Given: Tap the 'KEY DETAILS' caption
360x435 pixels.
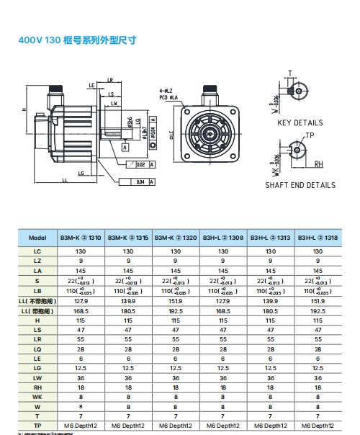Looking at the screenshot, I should [300, 123].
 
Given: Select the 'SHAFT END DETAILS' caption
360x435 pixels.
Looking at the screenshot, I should [300, 185].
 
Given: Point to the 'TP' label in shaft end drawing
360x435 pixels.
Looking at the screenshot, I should [310, 135].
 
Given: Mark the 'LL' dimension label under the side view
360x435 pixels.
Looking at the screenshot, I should [66, 179].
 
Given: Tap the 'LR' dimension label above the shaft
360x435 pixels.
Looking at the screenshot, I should [110, 79].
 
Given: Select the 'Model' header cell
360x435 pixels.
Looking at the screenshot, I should [37, 238].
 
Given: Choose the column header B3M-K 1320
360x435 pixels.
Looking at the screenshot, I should [176, 238].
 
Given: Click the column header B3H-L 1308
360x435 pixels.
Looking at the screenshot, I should [223, 238].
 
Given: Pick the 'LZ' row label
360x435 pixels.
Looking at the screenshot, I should [37, 261].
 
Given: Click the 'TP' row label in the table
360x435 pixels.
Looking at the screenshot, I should [37, 426].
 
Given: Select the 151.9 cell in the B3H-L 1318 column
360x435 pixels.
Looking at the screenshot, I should [318, 302].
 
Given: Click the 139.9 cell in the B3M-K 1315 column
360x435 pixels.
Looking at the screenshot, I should [129, 302].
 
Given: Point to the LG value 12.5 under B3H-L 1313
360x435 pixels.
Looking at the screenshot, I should [271, 367].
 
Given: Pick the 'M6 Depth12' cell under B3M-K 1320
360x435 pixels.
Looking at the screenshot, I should [176, 426].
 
